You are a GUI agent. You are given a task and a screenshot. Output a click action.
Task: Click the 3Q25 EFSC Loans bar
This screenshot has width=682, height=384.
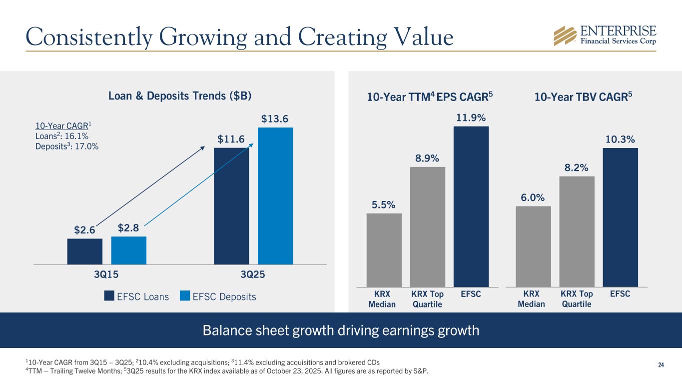tap(231, 205)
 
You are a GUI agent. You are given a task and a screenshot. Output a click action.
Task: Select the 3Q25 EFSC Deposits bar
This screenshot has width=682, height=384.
tap(275, 195)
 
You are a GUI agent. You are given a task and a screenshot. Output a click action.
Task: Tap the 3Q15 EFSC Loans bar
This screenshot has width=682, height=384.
tap(85, 251)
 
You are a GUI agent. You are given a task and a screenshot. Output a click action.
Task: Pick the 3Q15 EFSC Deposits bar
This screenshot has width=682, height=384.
tap(128, 250)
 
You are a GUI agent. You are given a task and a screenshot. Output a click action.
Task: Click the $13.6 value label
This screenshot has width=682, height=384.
tap(275, 119)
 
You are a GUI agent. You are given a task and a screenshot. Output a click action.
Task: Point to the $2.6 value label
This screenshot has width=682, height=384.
tap(85, 230)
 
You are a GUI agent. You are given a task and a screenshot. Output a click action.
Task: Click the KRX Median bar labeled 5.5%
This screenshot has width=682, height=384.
tap(384, 249)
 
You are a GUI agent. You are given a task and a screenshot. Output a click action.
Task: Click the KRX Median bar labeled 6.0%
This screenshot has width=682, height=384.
tap(533, 246)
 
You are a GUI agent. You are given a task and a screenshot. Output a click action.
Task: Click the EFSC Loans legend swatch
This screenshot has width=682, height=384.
tap(109, 296)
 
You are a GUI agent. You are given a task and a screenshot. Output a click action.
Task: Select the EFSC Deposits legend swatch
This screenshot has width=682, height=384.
tap(185, 296)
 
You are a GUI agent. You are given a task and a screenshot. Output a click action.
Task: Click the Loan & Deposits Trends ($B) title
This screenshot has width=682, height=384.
tap(180, 95)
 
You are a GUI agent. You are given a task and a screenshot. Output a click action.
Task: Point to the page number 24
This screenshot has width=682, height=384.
tap(661, 365)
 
